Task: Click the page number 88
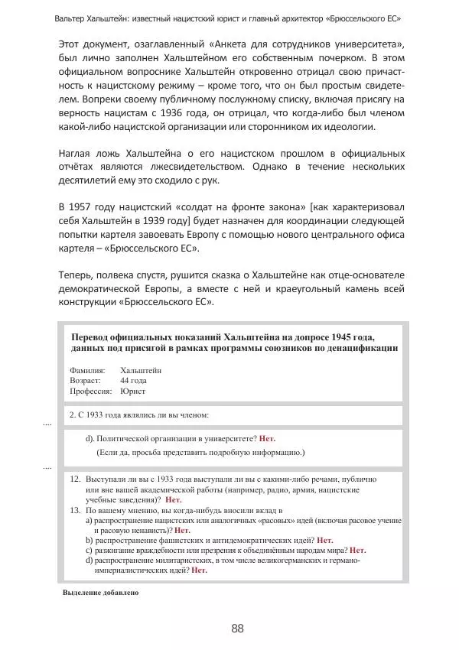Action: [237, 629]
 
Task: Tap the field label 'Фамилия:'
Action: [86, 370]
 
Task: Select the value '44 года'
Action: [133, 380]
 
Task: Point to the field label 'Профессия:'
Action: [91, 390]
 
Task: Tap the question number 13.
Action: [75, 509]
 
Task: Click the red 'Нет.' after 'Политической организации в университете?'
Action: [267, 438]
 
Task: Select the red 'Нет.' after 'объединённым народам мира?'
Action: [357, 549]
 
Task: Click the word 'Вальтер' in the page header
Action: [75, 17]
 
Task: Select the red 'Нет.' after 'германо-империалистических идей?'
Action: [200, 570]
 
